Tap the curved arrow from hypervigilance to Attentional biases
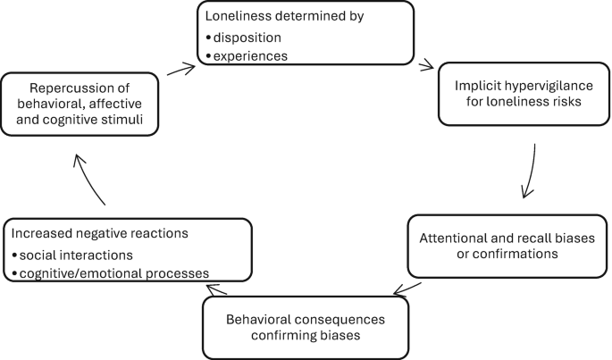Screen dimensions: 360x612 [x=530, y=170]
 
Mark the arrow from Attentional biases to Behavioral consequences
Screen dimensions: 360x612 [x=408, y=289]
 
